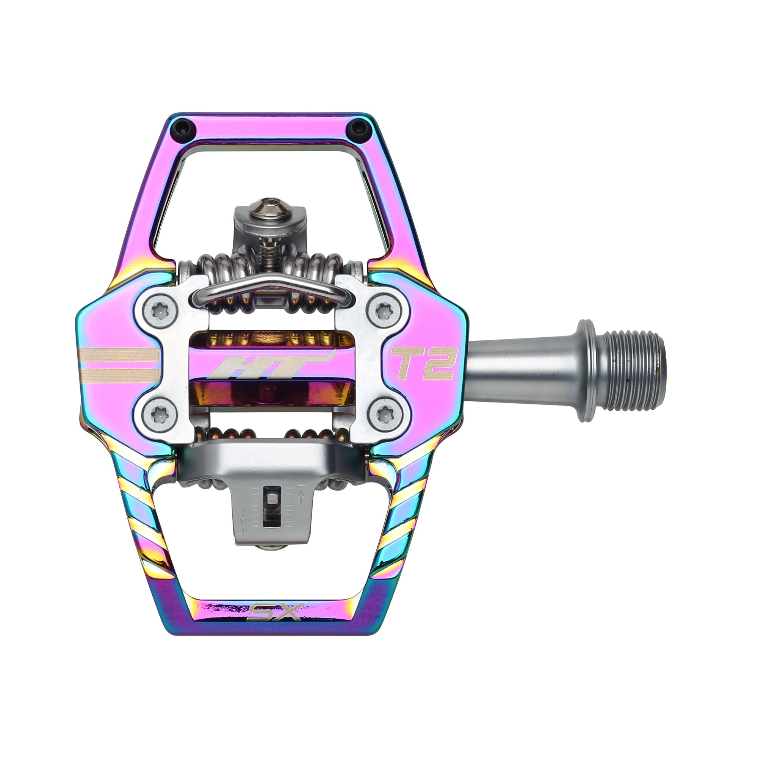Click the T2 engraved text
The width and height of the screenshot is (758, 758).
coord(423,364)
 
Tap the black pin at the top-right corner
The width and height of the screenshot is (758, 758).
coord(358,127)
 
